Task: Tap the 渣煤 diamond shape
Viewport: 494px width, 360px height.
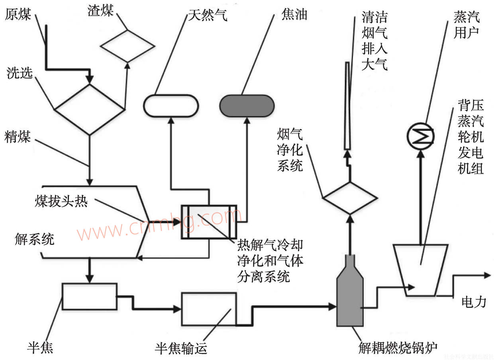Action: [x=127, y=46]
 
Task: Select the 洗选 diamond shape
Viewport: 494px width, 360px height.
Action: [x=90, y=109]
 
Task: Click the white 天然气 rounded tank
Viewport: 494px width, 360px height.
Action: [x=171, y=106]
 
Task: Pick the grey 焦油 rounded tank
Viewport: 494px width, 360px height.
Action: [x=247, y=106]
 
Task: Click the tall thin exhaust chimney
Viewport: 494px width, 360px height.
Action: [x=347, y=106]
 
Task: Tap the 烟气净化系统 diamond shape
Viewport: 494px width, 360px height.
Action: [x=350, y=198]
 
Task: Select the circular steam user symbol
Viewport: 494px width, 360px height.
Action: [x=420, y=136]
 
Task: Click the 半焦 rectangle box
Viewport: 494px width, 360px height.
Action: [x=89, y=296]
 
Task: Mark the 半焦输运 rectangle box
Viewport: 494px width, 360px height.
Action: [x=209, y=309]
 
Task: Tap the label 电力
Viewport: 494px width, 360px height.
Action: [x=474, y=302]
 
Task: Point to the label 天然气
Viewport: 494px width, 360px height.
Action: [x=208, y=15]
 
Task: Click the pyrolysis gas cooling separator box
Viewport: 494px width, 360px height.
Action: [x=209, y=222]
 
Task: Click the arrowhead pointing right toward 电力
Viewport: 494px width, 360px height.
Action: [x=487, y=275]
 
